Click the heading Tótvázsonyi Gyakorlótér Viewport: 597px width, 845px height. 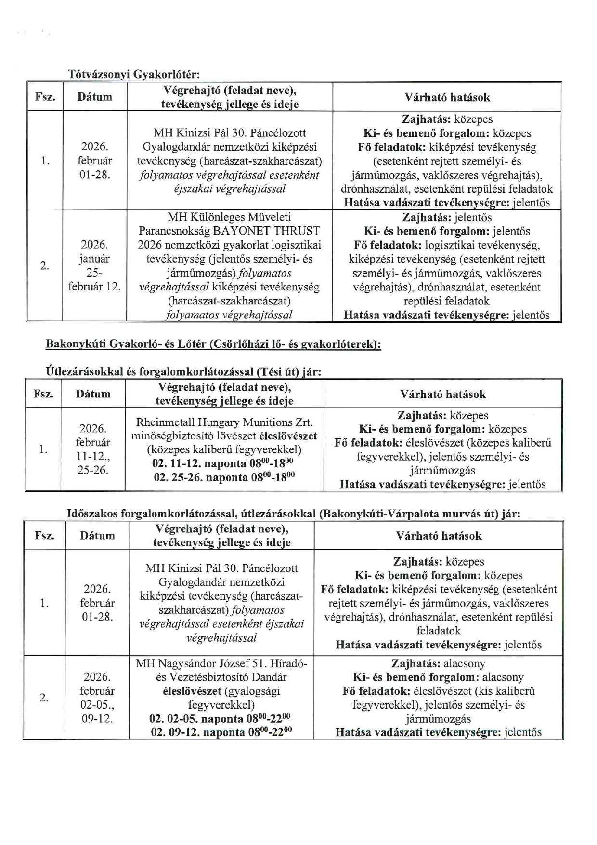[133, 74]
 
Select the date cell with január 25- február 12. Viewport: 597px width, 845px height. [94, 265]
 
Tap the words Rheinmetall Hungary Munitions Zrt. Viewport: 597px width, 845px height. [224, 422]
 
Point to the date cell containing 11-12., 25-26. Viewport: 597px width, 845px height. [93, 449]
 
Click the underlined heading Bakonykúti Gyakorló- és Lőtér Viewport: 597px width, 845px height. [213, 344]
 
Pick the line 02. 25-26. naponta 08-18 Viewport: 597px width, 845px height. [224, 477]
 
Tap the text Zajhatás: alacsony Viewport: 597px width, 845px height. [438, 663]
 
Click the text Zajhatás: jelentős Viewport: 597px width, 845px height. [447, 217]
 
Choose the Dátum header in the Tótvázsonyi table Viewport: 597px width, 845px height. [95, 97]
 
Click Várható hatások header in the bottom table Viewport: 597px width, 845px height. [439, 536]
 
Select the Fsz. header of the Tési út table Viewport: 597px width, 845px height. [43, 394]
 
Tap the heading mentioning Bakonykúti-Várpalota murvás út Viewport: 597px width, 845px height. [293, 514]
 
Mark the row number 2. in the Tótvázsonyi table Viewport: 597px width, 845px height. [45, 265]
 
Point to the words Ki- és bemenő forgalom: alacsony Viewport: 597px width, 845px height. [438, 677]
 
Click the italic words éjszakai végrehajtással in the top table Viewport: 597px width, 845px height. [230, 188]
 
